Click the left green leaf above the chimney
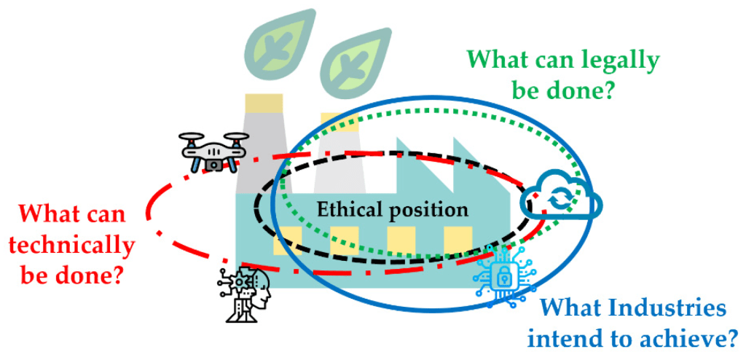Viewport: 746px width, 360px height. (270, 44)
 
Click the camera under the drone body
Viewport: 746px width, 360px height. (214, 165)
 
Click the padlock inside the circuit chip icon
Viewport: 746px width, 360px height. (503, 276)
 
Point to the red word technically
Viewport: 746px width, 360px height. (71, 246)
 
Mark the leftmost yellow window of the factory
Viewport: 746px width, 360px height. (286, 240)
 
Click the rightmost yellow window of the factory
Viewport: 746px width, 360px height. (458, 240)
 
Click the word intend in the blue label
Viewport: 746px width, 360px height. (565, 339)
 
